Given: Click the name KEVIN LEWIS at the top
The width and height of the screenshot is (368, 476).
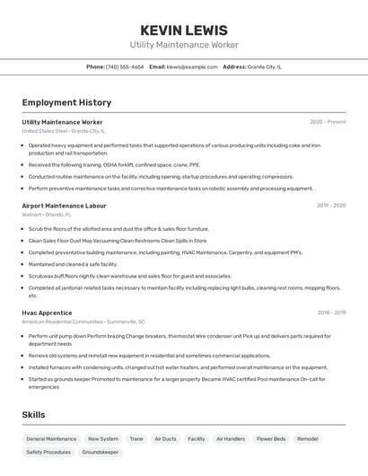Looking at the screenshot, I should [183, 31].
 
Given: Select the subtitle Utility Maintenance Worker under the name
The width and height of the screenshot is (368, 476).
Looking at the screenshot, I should [183, 45].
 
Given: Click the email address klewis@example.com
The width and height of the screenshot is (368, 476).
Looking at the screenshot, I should [192, 66].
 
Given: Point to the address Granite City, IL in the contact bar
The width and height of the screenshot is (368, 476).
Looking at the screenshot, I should [265, 66].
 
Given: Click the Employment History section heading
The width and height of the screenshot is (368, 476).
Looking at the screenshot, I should [66, 102].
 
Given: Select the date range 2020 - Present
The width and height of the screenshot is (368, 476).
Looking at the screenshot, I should [328, 122].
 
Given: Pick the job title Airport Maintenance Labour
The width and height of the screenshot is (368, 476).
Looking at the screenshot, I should [64, 206].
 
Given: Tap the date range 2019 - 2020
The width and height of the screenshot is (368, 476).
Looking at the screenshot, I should [330, 206].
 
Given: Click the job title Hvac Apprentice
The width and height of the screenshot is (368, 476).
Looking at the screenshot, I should [48, 313].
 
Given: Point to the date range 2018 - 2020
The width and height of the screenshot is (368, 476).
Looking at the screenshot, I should [330, 313].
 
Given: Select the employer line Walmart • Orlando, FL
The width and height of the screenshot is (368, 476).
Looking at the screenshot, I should [46, 215].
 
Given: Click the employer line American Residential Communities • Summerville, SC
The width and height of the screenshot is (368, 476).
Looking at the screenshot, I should [83, 322].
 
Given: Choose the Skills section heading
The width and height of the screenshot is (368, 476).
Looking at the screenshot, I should [34, 414].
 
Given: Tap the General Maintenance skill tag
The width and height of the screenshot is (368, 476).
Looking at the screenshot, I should [51, 439].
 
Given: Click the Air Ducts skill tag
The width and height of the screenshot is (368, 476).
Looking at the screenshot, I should [165, 439].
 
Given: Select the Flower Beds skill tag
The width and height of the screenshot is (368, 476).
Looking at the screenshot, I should [271, 439].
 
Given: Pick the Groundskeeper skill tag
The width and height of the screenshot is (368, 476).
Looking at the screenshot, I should [101, 453].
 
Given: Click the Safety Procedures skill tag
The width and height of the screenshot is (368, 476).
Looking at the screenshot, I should [48, 453].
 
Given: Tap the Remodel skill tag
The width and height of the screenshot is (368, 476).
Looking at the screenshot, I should [308, 439].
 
